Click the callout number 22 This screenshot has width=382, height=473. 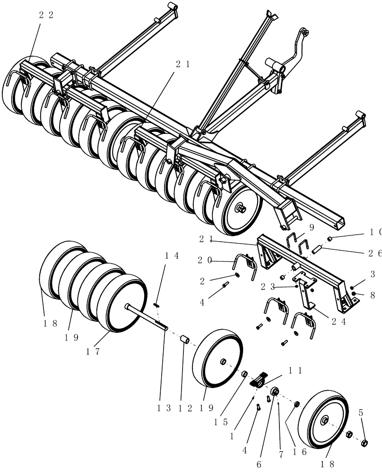(46, 15)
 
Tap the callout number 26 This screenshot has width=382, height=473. (372, 254)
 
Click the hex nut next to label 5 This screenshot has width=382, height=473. (365, 443)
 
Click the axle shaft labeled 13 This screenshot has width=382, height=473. (147, 317)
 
